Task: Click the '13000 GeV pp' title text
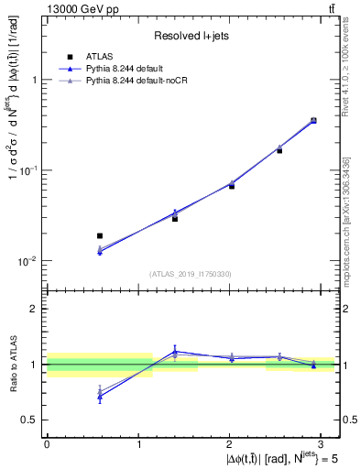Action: click(x=82, y=10)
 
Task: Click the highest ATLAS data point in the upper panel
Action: click(x=313, y=120)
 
